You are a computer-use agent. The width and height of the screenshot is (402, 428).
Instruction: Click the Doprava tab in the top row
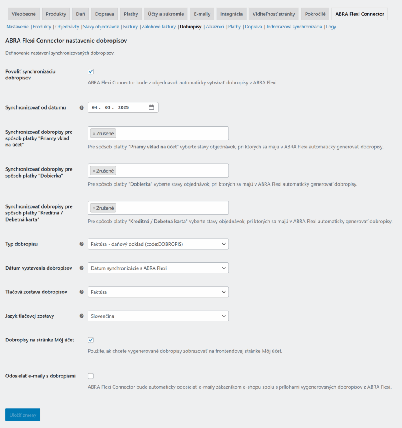tap(104, 14)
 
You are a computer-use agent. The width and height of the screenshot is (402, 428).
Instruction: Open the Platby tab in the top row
tap(131, 14)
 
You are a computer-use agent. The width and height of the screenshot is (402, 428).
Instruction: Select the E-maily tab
tap(202, 14)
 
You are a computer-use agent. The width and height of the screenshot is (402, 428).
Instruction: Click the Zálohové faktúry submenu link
tap(159, 27)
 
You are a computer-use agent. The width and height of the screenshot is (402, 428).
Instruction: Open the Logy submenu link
tap(331, 27)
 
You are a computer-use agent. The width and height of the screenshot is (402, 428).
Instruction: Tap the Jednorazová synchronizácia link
tap(294, 27)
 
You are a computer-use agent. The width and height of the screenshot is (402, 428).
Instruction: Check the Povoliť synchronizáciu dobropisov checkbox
tap(91, 71)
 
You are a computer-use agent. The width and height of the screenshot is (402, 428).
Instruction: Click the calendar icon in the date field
tap(151, 107)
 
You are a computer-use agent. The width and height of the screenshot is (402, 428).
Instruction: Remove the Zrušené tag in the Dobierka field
tap(94, 171)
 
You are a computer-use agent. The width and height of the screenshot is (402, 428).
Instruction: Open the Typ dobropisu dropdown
tap(158, 244)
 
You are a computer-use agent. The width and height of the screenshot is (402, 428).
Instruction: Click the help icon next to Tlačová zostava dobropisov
tap(81, 292)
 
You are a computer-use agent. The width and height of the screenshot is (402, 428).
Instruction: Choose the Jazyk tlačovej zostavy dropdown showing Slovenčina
tap(158, 316)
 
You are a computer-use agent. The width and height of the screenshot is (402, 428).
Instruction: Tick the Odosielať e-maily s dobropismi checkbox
tap(91, 376)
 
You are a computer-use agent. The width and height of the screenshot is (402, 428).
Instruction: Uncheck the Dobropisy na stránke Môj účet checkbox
tap(91, 340)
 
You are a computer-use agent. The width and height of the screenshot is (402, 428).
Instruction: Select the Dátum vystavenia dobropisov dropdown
tap(158, 268)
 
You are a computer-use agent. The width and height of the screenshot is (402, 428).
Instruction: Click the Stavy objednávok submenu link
tap(101, 27)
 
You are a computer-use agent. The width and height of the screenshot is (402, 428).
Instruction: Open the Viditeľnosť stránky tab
tap(274, 14)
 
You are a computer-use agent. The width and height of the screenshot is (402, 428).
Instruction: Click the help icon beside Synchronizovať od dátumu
tap(81, 108)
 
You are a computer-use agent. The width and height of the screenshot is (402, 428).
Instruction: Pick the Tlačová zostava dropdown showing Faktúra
tap(158, 292)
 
